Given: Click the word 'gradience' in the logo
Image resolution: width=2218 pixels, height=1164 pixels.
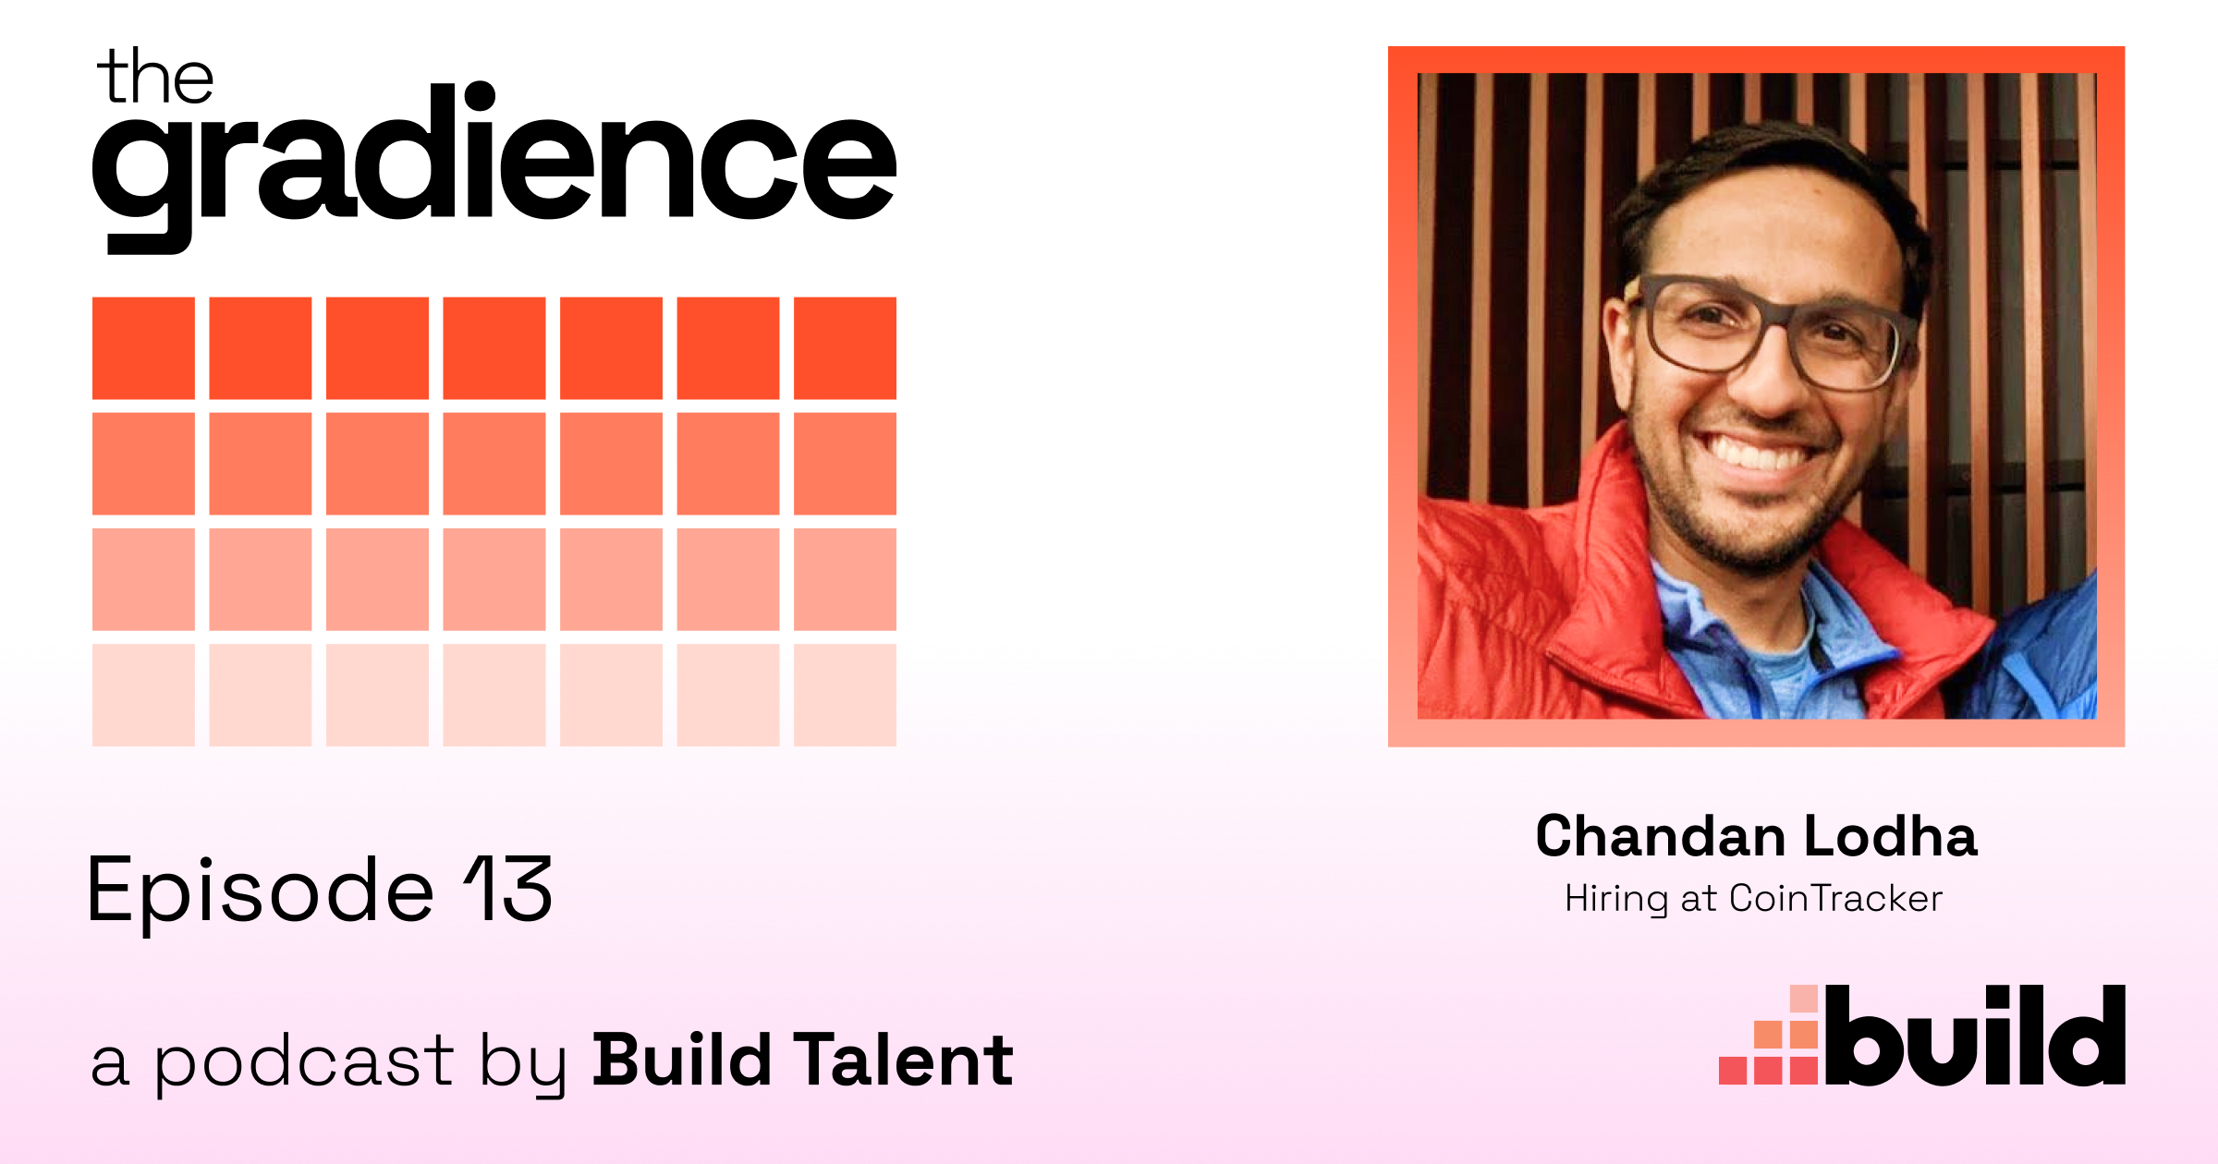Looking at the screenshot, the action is [494, 166].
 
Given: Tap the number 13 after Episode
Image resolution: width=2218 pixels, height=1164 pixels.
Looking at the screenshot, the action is [508, 889].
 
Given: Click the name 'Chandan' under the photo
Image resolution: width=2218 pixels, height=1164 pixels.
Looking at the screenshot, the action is [1660, 836].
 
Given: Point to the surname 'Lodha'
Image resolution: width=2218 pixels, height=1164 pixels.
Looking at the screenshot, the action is [1891, 836].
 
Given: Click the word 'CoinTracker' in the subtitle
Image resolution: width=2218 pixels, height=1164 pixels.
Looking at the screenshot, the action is [1835, 898].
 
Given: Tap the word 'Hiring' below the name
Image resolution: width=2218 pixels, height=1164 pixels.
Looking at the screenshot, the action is [1616, 899].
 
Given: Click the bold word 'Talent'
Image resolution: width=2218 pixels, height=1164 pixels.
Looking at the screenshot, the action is [904, 1060].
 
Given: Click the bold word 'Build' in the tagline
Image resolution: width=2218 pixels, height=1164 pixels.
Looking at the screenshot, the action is [682, 1060].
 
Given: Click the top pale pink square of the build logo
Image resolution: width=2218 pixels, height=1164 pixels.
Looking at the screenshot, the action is [1804, 1000].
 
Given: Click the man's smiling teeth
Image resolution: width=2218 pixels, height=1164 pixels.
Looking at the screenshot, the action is [1761, 454].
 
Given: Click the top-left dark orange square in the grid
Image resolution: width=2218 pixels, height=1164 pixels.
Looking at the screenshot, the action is [143, 348].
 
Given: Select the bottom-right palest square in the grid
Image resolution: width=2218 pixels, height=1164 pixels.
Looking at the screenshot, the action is [845, 695].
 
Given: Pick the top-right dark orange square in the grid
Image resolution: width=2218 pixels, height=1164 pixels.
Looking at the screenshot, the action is [845, 348].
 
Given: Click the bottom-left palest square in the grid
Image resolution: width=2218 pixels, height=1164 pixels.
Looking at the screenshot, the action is [143, 695].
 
